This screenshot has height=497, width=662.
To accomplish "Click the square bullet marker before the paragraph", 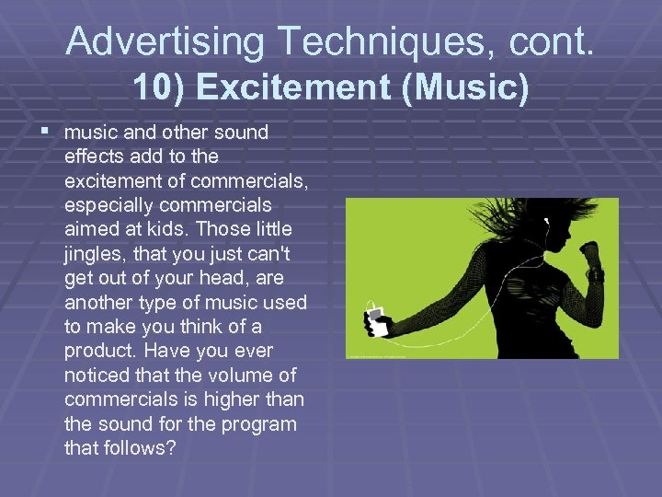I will point(48,132).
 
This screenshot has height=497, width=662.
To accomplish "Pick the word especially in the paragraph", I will point(106,205).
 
